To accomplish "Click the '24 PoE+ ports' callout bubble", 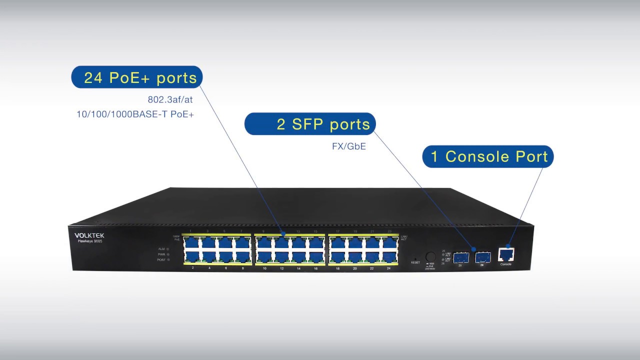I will tap(137, 77).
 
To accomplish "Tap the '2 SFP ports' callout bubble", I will tap(310, 124).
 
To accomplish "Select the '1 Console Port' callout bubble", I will tap(488, 156).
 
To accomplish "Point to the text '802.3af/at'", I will tap(170, 99).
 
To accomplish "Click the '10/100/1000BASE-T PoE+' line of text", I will tap(135, 114).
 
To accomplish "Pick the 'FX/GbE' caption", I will tap(349, 147).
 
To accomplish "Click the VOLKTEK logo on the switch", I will tap(89, 235).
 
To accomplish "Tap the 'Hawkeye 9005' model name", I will tap(90, 241).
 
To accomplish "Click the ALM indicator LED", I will tap(168, 248).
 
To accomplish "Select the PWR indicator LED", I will tap(168, 254).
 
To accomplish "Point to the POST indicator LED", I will tap(168, 260).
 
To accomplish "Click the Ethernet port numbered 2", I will tap(192, 257).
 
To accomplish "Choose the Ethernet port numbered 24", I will tap(389, 257).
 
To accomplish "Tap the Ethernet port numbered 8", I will tap(242, 257).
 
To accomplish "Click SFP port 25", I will tap(460, 257).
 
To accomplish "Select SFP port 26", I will tap(482, 257).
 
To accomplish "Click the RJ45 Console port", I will tap(506, 255).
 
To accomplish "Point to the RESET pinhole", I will tap(415, 258).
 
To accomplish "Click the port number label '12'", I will tap(282, 268).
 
